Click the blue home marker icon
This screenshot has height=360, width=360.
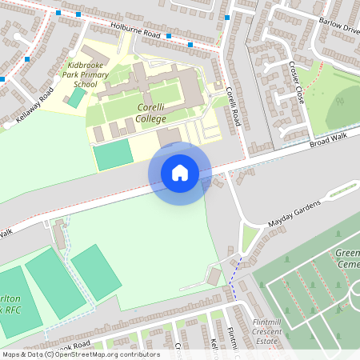179,173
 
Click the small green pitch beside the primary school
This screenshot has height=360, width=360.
76,97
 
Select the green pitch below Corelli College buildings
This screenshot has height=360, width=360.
114,155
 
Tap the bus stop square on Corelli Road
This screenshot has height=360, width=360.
227,17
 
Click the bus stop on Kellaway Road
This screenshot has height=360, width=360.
28,58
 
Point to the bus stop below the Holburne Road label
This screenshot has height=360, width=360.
168,36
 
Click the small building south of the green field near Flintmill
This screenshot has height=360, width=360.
214,276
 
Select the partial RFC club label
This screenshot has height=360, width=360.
10,303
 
